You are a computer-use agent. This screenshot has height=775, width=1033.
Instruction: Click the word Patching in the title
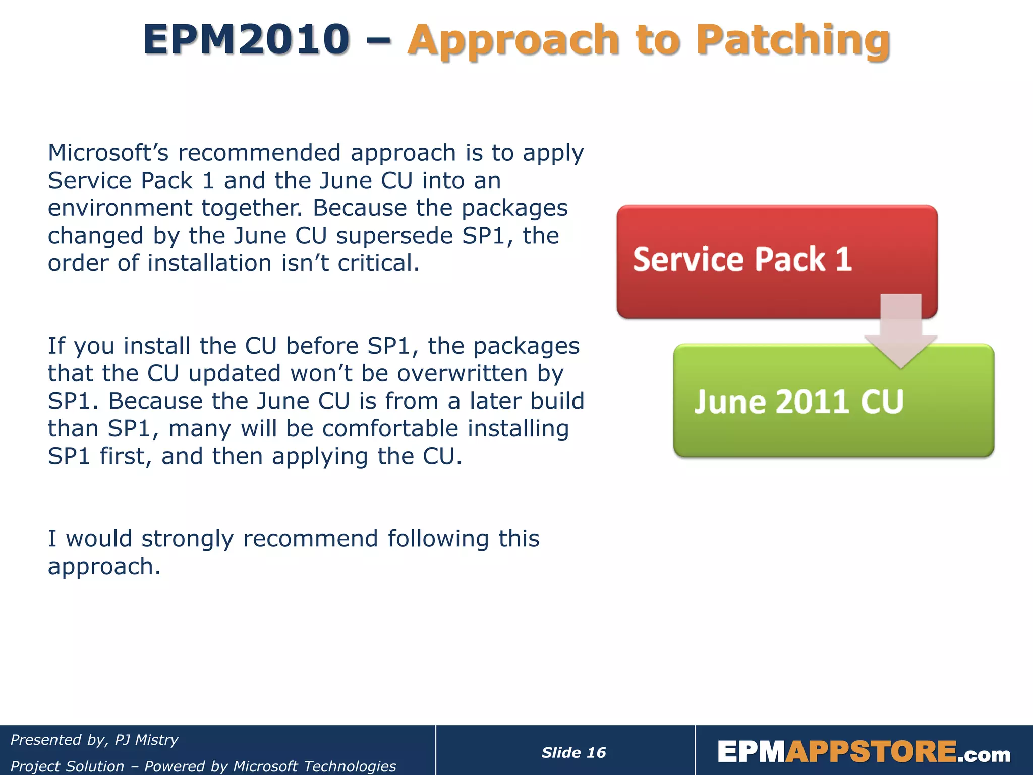click(x=795, y=40)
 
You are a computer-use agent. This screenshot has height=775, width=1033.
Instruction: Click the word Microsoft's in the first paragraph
click(x=108, y=153)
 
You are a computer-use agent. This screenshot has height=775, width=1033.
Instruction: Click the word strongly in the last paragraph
click(x=188, y=539)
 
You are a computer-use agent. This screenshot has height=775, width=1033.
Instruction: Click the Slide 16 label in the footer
click(x=573, y=753)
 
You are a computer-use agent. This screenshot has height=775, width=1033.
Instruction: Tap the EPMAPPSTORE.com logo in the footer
click(x=864, y=752)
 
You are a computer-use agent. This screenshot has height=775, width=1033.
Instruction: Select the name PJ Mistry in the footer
click(x=146, y=740)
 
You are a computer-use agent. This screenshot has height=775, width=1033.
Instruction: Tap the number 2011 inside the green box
click(x=812, y=402)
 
